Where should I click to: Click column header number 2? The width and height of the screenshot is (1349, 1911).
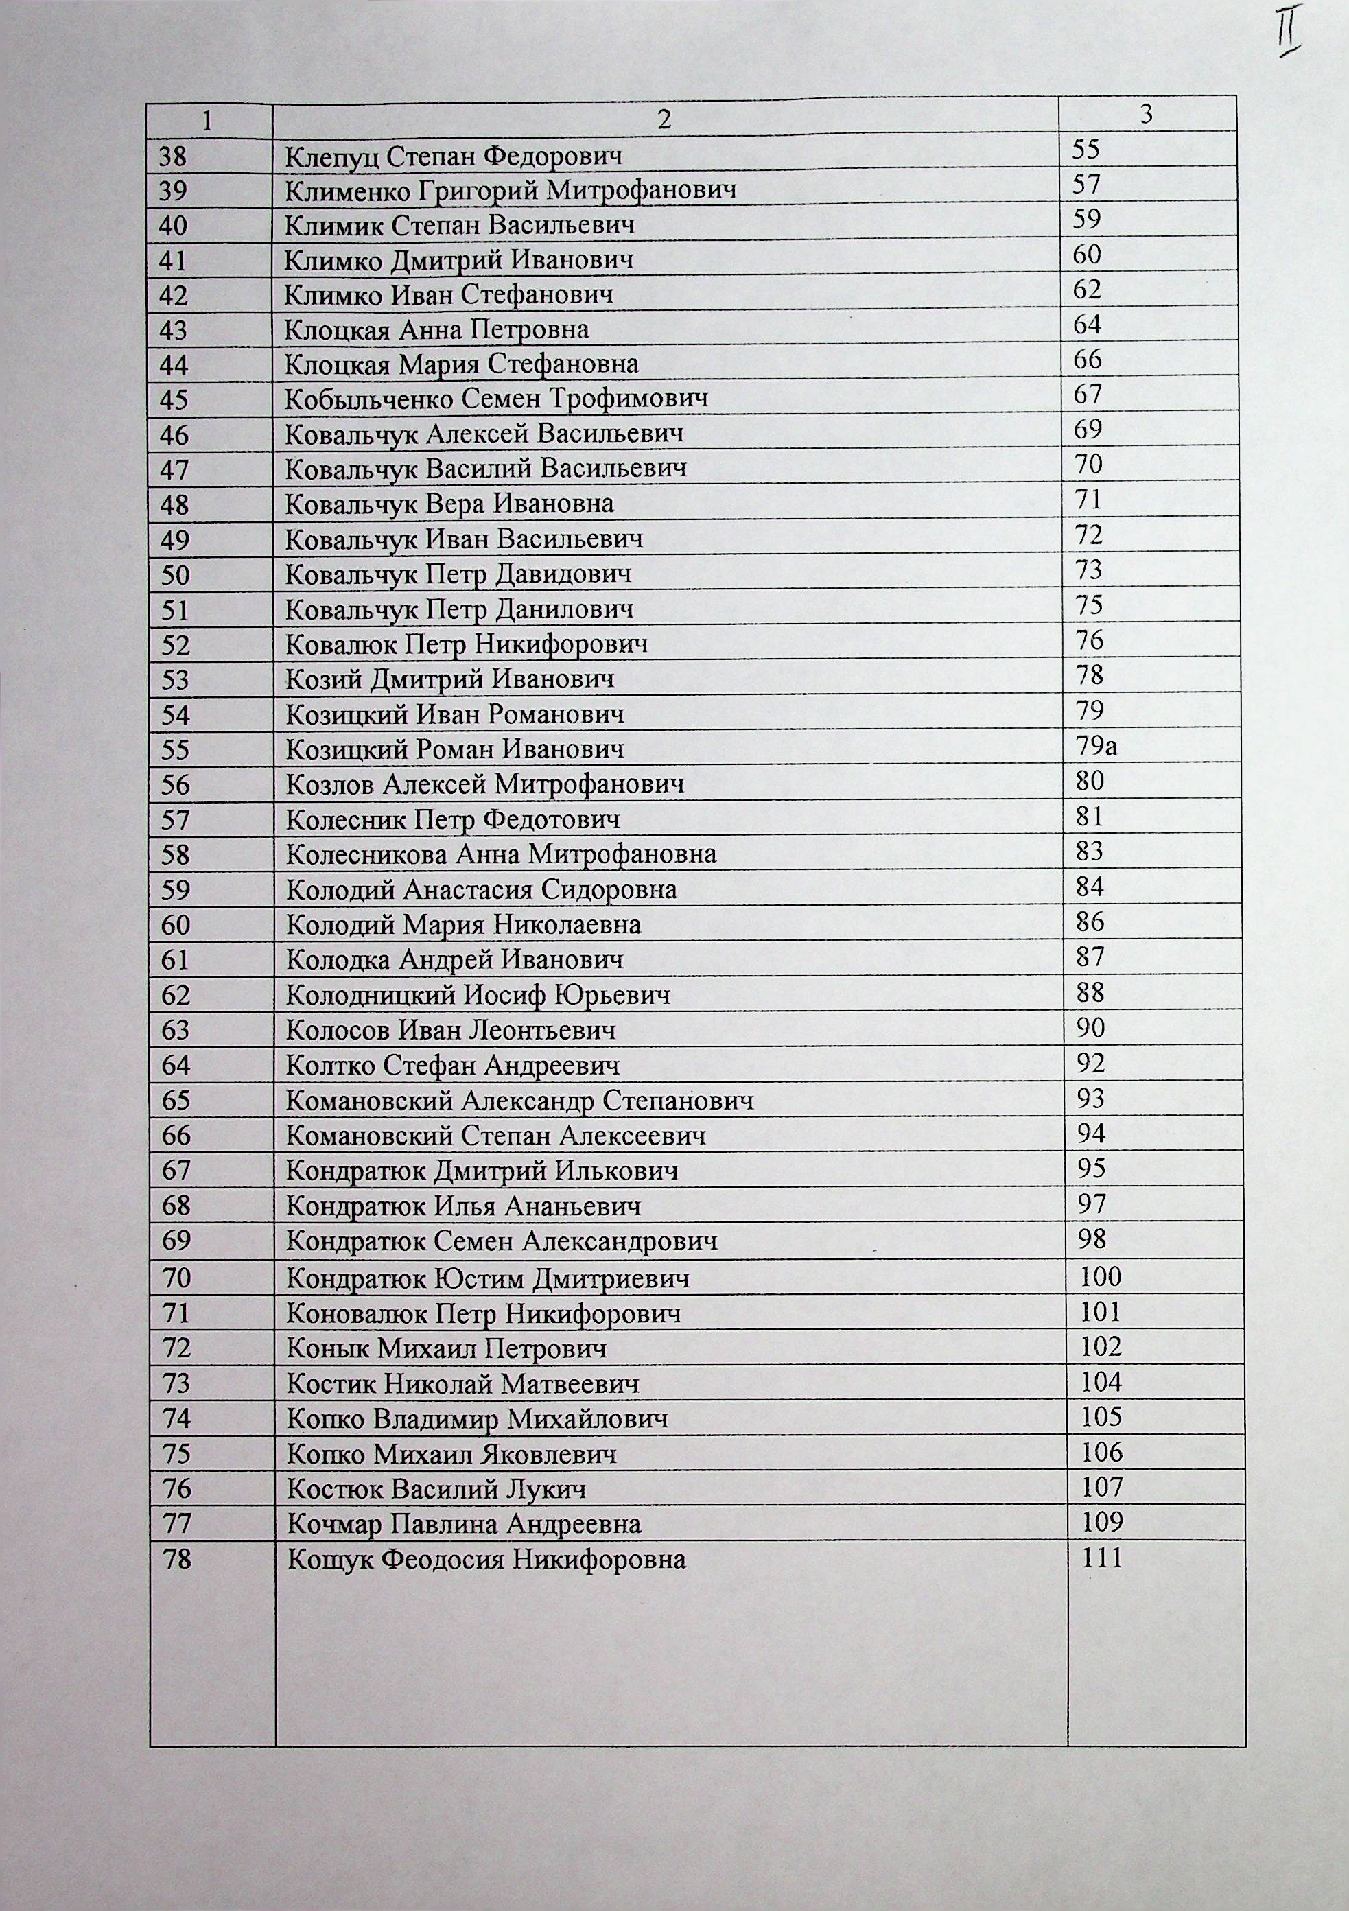pos(664,120)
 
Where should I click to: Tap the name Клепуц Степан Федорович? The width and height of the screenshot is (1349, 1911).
pos(454,156)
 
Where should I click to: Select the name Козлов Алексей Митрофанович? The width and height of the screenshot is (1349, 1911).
pos(485,784)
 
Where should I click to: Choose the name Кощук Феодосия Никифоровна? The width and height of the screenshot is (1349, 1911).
pos(487,1559)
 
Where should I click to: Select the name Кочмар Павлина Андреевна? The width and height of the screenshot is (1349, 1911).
pos(465,1524)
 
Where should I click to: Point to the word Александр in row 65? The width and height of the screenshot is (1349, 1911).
pos(527,1101)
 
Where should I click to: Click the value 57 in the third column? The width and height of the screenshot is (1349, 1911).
pos(1087,184)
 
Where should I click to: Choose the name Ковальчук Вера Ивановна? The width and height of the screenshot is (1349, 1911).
pos(449,504)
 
